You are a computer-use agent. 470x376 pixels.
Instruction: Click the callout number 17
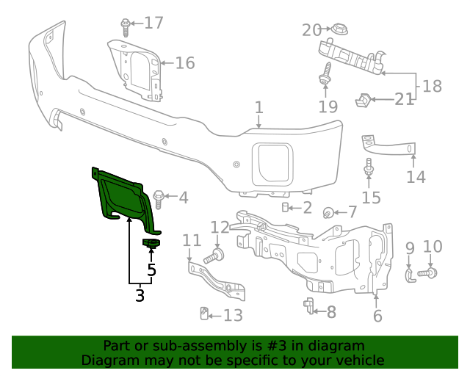(153, 23)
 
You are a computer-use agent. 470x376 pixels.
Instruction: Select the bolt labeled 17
(126, 26)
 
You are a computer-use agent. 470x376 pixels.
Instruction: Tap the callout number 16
(184, 62)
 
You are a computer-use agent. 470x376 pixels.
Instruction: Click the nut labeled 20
(338, 30)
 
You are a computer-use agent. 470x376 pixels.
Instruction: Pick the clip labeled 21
(364, 98)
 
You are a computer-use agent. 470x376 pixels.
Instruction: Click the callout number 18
(432, 86)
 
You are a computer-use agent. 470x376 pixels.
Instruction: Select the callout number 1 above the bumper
(258, 109)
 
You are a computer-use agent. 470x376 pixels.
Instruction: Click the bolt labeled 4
(159, 197)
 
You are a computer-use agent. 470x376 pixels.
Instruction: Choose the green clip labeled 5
(151, 243)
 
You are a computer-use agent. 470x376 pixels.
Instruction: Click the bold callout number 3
(140, 296)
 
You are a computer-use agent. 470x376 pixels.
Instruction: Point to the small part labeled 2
(285, 207)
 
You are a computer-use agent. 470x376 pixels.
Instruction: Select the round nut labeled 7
(328, 213)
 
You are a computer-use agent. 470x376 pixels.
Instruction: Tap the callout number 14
(416, 177)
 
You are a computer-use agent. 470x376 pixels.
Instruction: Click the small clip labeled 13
(205, 315)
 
